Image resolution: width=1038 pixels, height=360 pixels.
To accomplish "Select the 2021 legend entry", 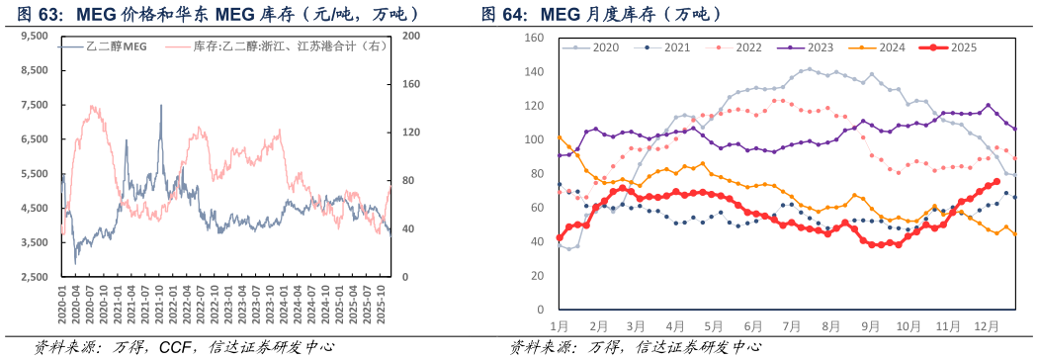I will [670, 47].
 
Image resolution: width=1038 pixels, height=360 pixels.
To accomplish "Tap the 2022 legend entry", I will [741, 47].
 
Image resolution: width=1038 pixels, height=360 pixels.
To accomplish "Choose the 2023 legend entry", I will [813, 47].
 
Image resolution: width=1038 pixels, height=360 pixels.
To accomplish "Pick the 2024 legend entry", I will [884, 47].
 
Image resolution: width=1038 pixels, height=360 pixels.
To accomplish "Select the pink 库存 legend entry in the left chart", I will [273, 46].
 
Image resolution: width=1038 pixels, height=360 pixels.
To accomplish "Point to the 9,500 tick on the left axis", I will [34, 36].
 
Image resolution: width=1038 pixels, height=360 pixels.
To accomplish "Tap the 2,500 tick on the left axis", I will [34, 277].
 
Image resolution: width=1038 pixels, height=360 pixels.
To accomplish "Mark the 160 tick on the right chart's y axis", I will [534, 38].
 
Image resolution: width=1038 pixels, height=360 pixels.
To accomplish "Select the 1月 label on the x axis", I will [559, 324].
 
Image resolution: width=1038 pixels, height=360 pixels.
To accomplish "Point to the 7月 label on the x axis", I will [790, 324].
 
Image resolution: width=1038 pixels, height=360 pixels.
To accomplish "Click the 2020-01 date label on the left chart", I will [61, 307].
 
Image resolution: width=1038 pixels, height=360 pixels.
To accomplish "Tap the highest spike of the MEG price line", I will [161, 106].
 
